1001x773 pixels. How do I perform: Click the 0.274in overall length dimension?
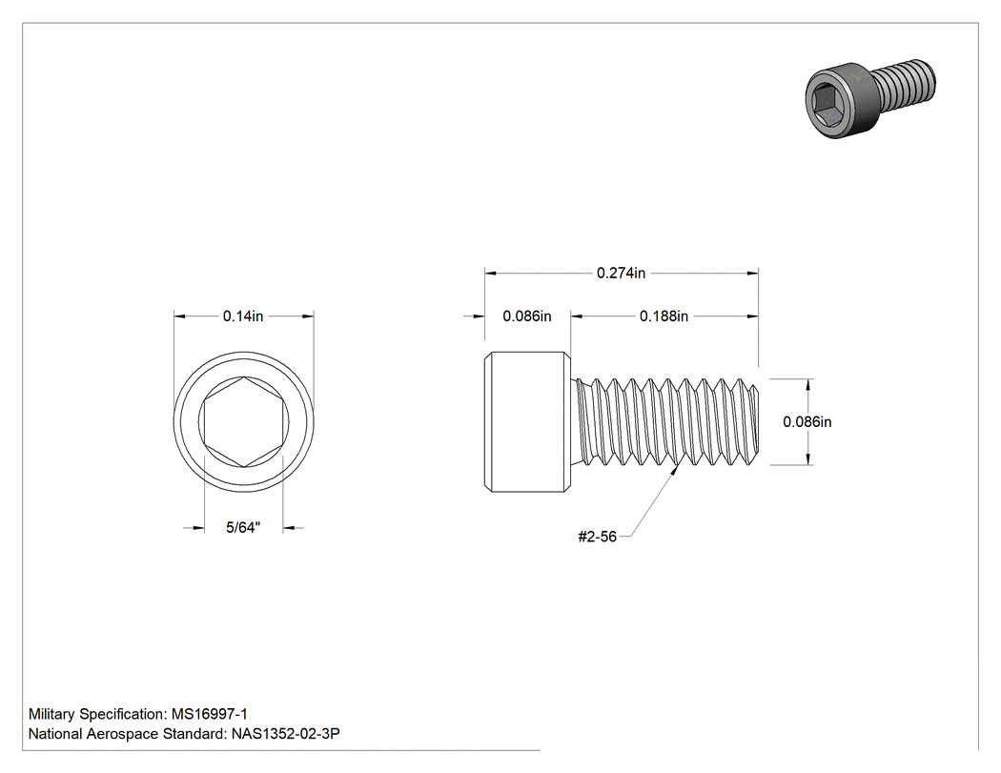[621, 274]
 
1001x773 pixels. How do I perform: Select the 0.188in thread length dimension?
[664, 315]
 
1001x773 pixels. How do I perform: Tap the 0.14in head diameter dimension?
[243, 315]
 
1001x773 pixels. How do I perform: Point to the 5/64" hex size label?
[243, 527]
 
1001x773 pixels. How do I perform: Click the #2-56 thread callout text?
[597, 537]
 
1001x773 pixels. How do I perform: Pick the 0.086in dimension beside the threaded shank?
[807, 422]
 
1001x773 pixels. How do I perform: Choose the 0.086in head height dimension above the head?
[526, 315]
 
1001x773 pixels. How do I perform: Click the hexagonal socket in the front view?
[243, 422]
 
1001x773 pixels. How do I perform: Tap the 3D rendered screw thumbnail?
[870, 97]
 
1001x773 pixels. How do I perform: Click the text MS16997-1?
[210, 714]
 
